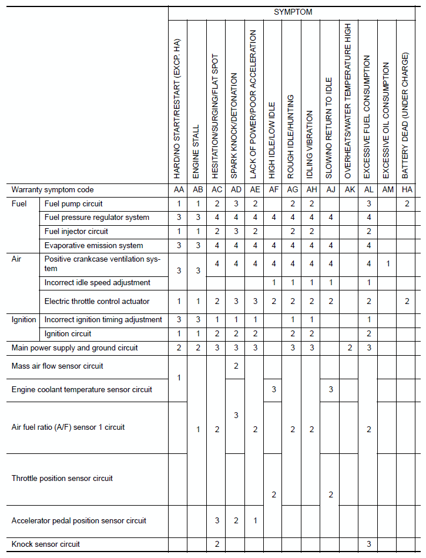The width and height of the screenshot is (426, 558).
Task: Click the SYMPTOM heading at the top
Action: [x=293, y=12]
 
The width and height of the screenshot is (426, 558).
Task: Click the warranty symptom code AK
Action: [x=349, y=190]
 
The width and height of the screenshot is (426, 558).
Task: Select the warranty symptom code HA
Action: [x=406, y=190]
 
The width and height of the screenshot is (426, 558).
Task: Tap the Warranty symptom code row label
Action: [x=53, y=190]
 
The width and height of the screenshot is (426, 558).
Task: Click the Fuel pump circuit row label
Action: [x=73, y=203]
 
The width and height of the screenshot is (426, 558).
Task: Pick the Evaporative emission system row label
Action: [x=94, y=246]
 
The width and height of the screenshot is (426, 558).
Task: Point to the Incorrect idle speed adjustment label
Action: [x=98, y=283]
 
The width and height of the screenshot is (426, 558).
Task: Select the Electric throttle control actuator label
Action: [x=97, y=302]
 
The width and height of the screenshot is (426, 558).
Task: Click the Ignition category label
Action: [x=24, y=320]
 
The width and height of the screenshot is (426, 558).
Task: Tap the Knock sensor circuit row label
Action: [x=46, y=544]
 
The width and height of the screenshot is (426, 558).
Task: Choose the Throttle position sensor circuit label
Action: [x=62, y=479]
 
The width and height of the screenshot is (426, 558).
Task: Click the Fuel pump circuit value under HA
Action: [x=406, y=203]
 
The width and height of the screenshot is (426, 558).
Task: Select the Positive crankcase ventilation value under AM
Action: [x=387, y=264]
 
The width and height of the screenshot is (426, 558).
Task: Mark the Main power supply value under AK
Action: [x=349, y=348]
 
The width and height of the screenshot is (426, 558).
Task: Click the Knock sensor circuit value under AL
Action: [x=368, y=544]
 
